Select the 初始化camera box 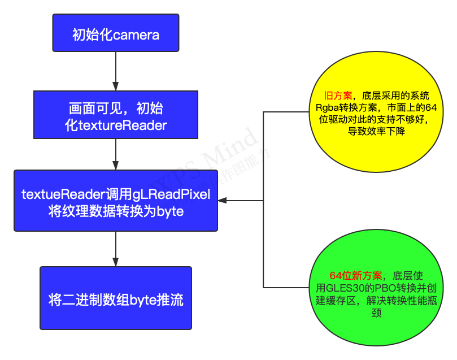[116, 33]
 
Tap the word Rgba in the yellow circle [327, 107]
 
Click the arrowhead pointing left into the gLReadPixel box [222, 200]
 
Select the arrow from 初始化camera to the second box [116, 71]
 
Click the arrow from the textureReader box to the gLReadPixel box [116, 154]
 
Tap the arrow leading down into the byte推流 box [116, 249]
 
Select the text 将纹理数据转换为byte [116, 211]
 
